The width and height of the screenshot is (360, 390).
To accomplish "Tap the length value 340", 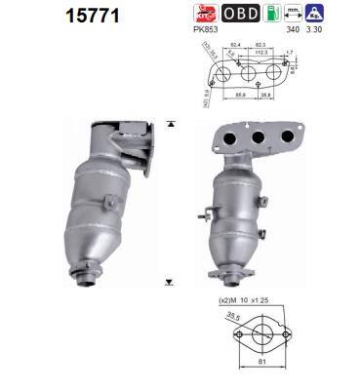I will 315,31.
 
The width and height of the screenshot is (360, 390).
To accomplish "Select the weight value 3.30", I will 341,31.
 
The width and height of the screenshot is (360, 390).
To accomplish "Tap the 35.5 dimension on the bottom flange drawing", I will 231,316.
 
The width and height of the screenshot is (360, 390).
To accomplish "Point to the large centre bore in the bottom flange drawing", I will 254,335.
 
